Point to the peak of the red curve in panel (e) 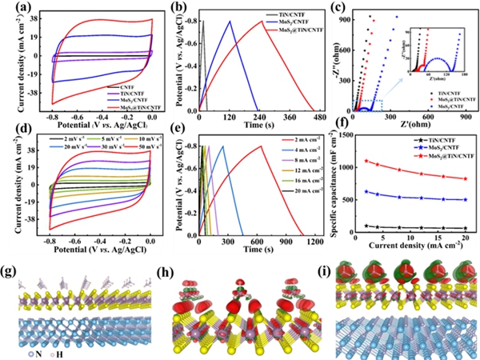(x=261, y=146)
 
